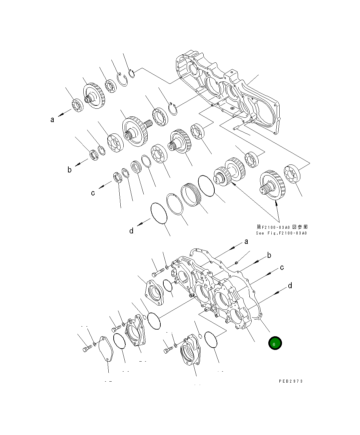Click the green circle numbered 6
pyautogui.click(x=275, y=343)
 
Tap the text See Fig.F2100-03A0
pyautogui.click(x=281, y=233)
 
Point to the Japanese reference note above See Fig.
pyautogui.click(x=282, y=227)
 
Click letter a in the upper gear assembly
pyautogui.click(x=52, y=119)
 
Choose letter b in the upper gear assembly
pyautogui.click(x=69, y=170)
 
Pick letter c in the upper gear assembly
pyautogui.click(x=93, y=193)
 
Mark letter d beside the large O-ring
pyautogui.click(x=131, y=231)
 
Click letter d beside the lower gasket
pyautogui.click(x=290, y=286)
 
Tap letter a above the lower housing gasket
pyautogui.click(x=246, y=242)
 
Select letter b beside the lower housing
pyautogui.click(x=269, y=256)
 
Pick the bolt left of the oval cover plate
pyautogui.click(x=86, y=349)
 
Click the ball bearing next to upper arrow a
pyautogui.click(x=77, y=105)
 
